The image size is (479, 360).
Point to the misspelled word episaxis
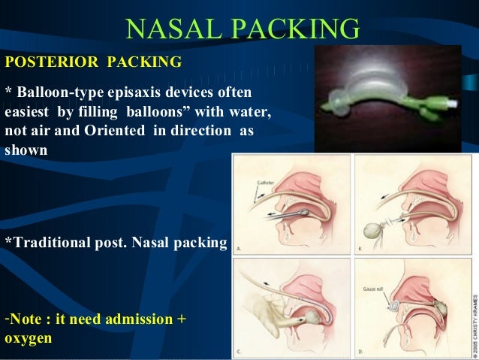coord(141,92)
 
